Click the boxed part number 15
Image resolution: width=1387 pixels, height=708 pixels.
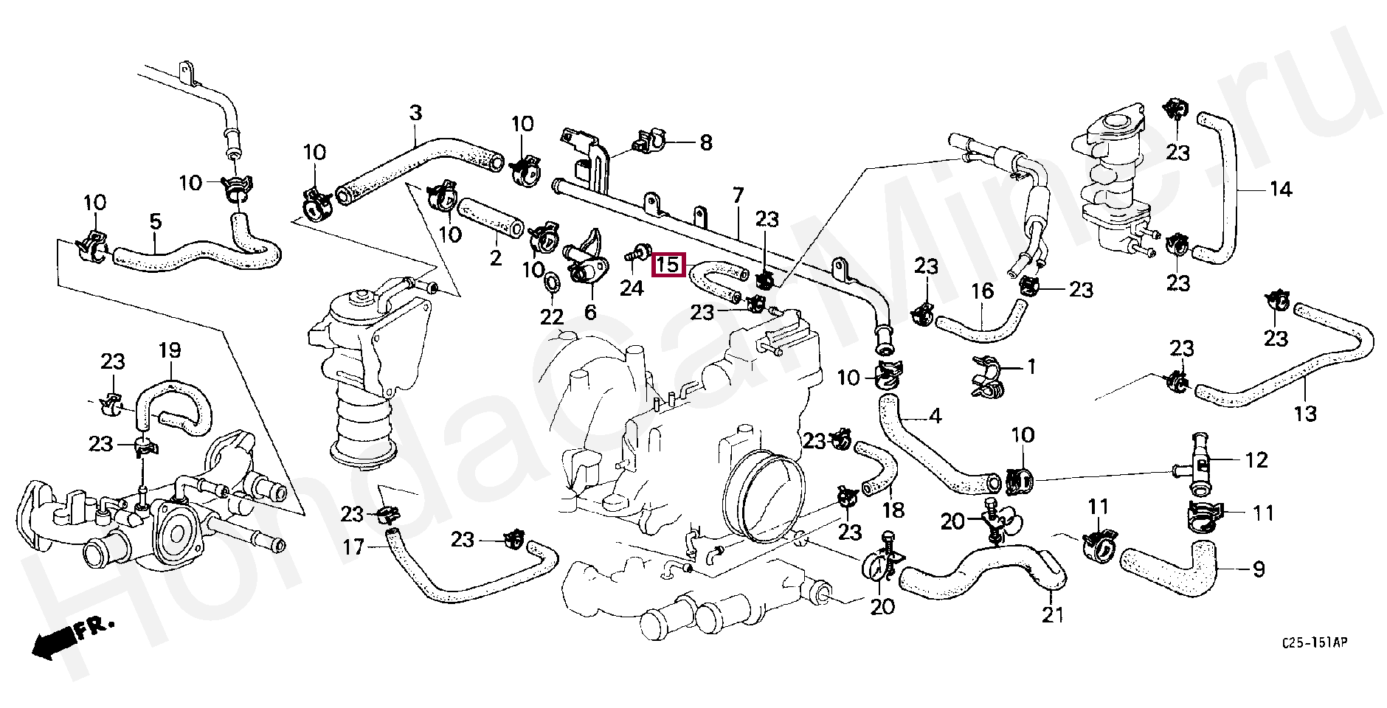[x=668, y=265]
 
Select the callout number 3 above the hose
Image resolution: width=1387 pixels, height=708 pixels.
[x=415, y=114]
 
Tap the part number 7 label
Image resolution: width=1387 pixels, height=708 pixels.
[x=738, y=196]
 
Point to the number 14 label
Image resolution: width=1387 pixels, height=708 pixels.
[x=1280, y=190]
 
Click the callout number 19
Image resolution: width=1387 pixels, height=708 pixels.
[x=170, y=350]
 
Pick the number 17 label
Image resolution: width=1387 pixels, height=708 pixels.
[x=354, y=548]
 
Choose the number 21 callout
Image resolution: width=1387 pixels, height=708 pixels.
[x=1053, y=614]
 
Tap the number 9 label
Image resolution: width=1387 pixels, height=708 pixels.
[x=1259, y=569]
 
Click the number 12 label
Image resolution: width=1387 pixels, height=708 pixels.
[x=1256, y=460]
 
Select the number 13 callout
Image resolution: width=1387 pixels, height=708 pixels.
[x=1304, y=414]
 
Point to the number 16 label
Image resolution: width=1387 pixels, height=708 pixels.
[x=982, y=292]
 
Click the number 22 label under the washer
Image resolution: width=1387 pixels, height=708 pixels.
[x=551, y=317]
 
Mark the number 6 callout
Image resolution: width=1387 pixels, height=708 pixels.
[x=590, y=313]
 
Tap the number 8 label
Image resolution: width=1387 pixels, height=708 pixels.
[x=705, y=142]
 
